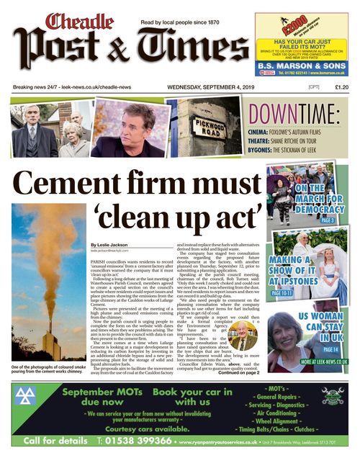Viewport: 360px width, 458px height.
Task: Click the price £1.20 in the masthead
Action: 342,87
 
